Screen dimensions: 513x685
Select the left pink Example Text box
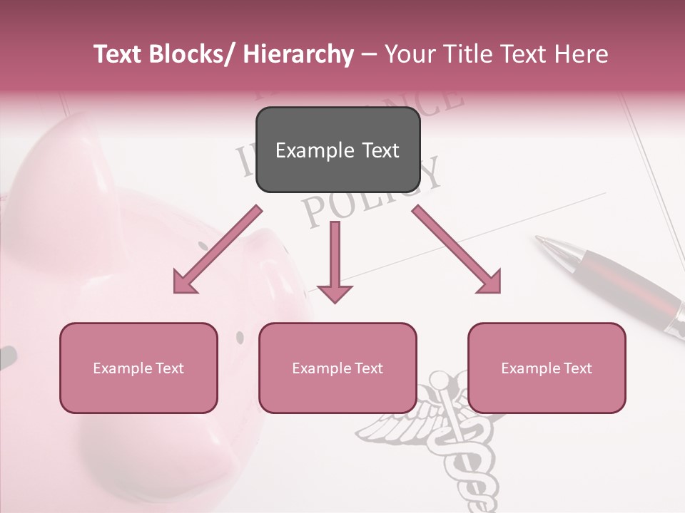(x=138, y=368)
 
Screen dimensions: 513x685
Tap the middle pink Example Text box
(x=337, y=368)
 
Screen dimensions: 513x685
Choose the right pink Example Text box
(x=547, y=368)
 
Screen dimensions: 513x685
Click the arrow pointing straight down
(x=335, y=264)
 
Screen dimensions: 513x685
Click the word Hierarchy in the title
(x=298, y=54)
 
